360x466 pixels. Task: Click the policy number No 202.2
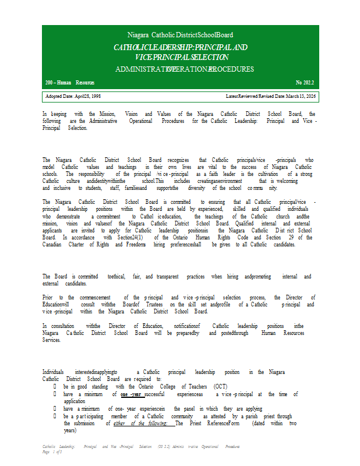[x=306, y=83]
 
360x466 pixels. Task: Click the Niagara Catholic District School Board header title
[x=180, y=36]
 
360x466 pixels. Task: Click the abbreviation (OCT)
[x=221, y=386]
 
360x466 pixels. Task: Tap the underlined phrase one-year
[x=131, y=394]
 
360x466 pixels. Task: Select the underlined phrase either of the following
[x=144, y=423]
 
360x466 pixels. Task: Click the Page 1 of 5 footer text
[x=52, y=453]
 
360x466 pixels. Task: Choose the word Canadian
[x=53, y=245]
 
